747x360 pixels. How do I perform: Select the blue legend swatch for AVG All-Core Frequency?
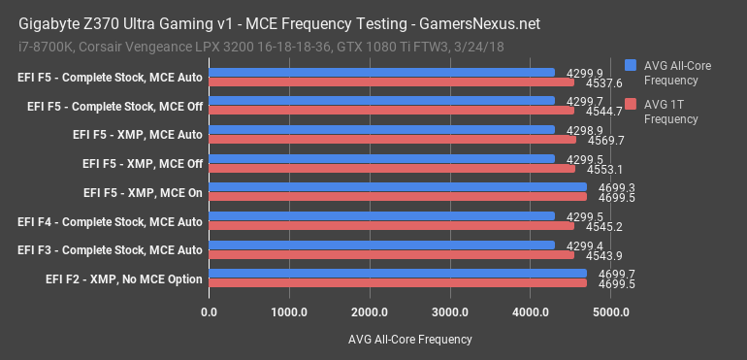pyautogui.click(x=631, y=65)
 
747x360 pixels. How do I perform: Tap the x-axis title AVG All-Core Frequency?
pyautogui.click(x=408, y=339)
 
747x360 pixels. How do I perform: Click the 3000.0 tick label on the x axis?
pyautogui.click(x=450, y=311)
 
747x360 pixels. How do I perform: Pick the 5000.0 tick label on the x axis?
pyautogui.click(x=611, y=311)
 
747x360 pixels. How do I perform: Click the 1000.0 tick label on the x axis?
pyautogui.click(x=289, y=311)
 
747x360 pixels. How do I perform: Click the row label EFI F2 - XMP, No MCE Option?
pyautogui.click(x=124, y=279)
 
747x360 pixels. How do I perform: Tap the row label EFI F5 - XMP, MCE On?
pyautogui.click(x=143, y=193)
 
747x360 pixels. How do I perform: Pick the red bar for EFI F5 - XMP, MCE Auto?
pyautogui.click(x=392, y=140)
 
